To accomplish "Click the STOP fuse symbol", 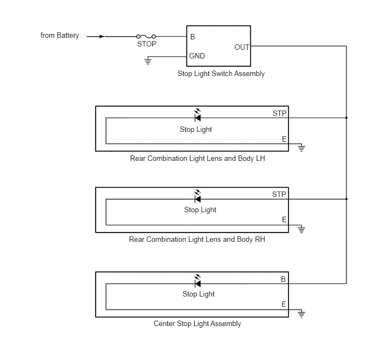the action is point(146,37).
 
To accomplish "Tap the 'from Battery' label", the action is point(60,35).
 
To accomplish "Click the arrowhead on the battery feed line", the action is point(102,37).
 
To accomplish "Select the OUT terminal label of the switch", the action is point(242,47).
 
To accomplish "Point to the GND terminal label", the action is point(197,56).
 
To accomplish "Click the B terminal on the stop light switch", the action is point(192,37).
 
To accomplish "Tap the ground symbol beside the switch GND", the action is point(148,61).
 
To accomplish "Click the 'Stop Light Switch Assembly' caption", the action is point(221,73).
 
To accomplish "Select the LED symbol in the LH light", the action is point(198,115).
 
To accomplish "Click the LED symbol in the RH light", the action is point(198,196).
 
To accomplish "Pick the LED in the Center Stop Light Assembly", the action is point(198,281).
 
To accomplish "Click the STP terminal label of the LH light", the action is point(280,113).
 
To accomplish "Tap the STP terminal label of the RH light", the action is point(279,194).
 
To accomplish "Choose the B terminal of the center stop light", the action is point(283,279).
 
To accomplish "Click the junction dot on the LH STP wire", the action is point(346,118).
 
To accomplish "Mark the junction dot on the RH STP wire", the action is point(346,199).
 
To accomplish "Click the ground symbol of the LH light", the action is point(302,148).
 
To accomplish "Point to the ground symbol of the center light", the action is point(302,313).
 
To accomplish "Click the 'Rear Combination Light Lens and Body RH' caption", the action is point(197,239).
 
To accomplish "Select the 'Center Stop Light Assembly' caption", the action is point(197,323).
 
